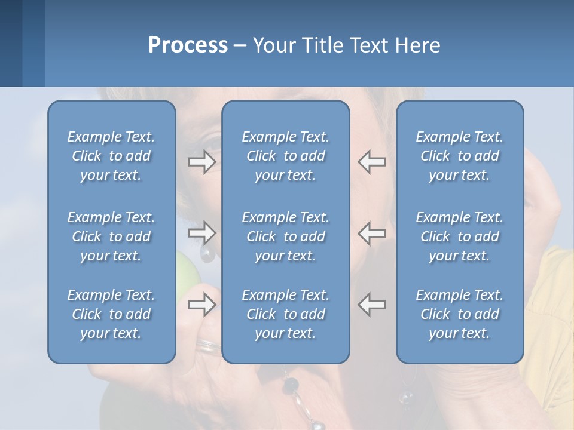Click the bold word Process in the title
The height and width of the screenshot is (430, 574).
pyautogui.click(x=188, y=45)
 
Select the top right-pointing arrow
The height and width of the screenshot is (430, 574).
pyautogui.click(x=202, y=162)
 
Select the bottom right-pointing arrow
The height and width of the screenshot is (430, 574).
pyautogui.click(x=202, y=305)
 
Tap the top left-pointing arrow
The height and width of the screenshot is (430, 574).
pyautogui.click(x=372, y=162)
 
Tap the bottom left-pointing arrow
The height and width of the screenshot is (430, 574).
pyautogui.click(x=372, y=305)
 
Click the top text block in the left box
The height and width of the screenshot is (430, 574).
pyautogui.click(x=111, y=156)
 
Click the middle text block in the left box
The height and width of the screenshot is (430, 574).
pyautogui.click(x=111, y=236)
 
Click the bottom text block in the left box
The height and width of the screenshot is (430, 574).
pyautogui.click(x=111, y=314)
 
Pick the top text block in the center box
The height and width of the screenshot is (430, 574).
pyautogui.click(x=285, y=156)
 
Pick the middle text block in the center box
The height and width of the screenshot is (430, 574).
pyautogui.click(x=285, y=236)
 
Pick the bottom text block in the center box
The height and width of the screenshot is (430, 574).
pyautogui.click(x=285, y=314)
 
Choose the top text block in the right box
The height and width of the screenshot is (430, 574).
pyautogui.click(x=459, y=156)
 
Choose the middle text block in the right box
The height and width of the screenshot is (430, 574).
pyautogui.click(x=459, y=236)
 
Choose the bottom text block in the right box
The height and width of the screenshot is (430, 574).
pyautogui.click(x=459, y=314)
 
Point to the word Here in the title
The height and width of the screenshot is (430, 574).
pyautogui.click(x=418, y=45)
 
